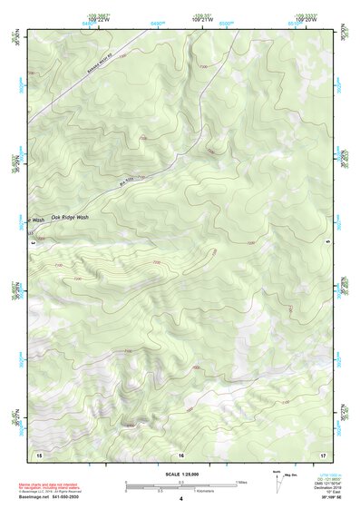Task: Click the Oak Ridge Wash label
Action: (x=70, y=218)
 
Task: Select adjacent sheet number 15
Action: (x=38, y=453)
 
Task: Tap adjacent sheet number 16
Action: (x=180, y=453)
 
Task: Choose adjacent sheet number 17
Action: (x=323, y=453)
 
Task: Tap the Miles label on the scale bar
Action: (x=240, y=482)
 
